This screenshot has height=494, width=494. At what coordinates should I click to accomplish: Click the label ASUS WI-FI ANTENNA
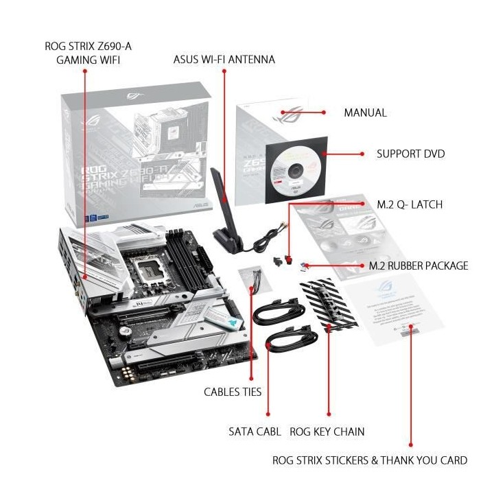click(x=224, y=60)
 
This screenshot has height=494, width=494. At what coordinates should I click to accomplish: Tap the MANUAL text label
click(x=365, y=113)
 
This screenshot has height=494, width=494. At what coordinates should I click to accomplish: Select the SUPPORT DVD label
click(x=410, y=154)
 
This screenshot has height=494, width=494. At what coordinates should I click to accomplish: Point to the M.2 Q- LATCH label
click(x=410, y=204)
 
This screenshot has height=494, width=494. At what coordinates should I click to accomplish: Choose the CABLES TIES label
click(x=233, y=392)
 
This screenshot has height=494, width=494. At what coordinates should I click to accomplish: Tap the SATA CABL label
click(x=255, y=432)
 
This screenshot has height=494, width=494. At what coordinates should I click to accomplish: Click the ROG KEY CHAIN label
click(x=327, y=432)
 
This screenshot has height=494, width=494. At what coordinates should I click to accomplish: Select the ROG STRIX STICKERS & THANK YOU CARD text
click(x=370, y=460)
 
